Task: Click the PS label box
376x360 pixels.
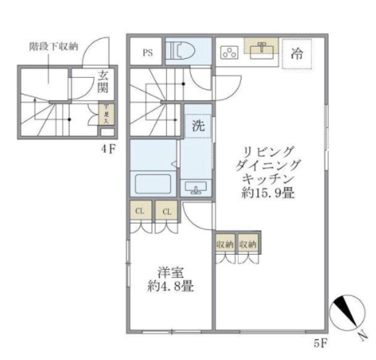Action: tap(148, 52)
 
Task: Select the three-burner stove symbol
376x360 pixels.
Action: tap(229, 53)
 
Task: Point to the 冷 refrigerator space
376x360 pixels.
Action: tap(296, 53)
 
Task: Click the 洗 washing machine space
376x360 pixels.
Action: tap(198, 126)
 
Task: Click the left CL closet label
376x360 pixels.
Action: tap(140, 212)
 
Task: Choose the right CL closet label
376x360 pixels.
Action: tap(167, 212)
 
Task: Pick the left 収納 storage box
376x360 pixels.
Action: tap(225, 244)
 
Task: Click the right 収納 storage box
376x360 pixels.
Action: tap(248, 244)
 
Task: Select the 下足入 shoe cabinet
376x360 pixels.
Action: tap(106, 114)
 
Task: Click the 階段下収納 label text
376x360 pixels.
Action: tap(54, 47)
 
